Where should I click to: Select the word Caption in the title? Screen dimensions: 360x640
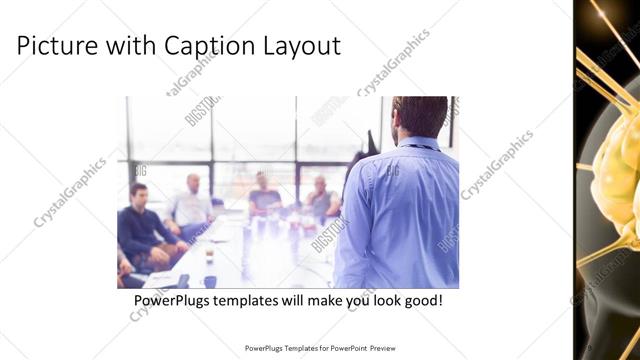tap(207, 46)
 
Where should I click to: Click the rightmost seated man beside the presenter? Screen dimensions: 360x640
tap(321, 198)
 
